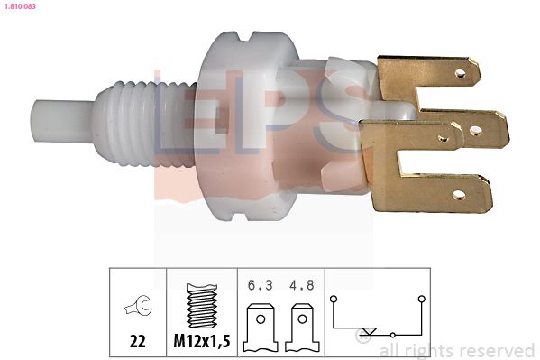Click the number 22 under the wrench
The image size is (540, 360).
(138, 343)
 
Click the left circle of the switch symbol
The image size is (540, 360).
(334, 298)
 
